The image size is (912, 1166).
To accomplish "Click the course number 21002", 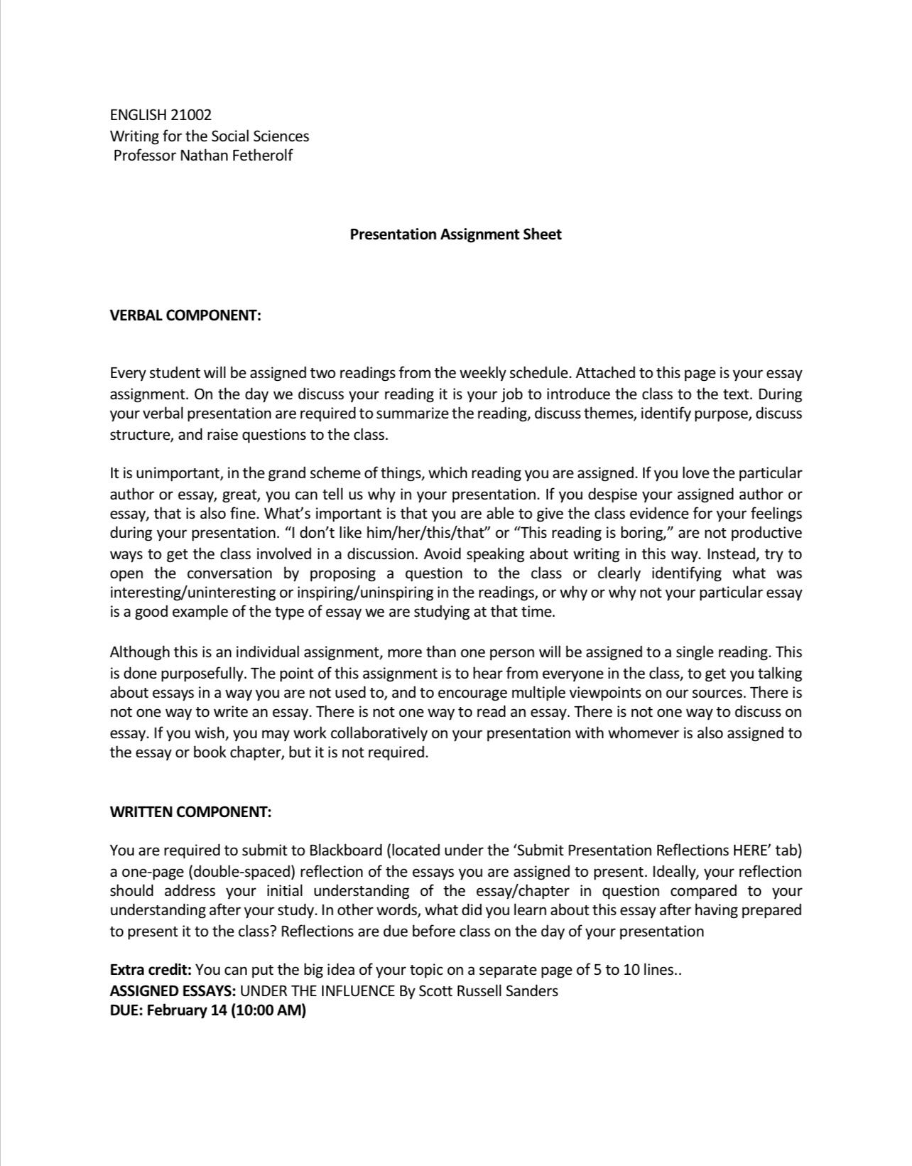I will pyautogui.click(x=191, y=114).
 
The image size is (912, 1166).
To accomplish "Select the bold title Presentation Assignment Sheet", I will pyautogui.click(x=455, y=234).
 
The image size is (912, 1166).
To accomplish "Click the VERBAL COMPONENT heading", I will pyautogui.click(x=185, y=315).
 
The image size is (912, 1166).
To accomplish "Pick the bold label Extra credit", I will pyautogui.click(x=151, y=970).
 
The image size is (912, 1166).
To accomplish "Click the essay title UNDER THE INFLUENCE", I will pyautogui.click(x=317, y=990).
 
